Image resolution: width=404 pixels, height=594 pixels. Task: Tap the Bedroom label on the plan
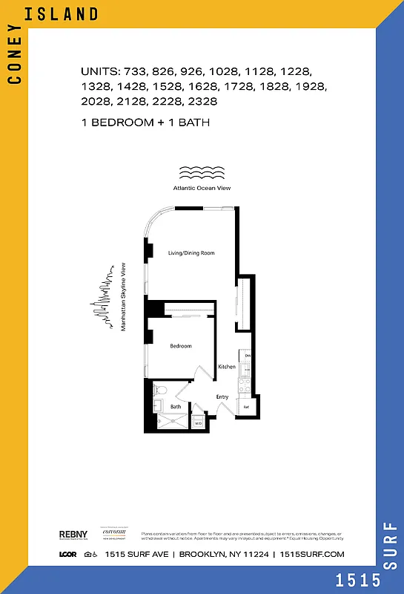coord(181,346)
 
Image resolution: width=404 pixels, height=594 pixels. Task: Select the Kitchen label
coord(227,367)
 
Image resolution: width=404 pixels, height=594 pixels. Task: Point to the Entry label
coord(222,397)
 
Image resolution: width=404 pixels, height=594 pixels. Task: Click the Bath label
coord(176,407)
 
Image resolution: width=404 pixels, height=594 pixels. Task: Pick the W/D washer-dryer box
coord(198,423)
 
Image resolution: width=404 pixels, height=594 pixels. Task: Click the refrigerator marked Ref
coord(246,407)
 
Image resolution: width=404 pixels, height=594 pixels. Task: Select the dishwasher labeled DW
coord(248,356)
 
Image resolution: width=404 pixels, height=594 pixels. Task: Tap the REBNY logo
coord(73,535)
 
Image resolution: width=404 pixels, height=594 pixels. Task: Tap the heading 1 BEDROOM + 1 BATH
coord(145,123)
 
